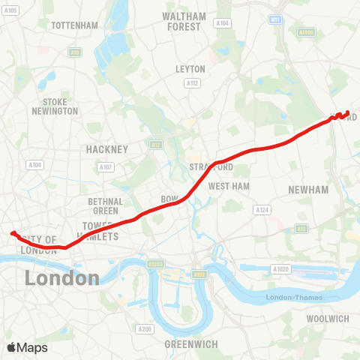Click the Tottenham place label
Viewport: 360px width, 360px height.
click(74, 25)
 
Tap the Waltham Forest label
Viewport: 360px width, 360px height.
click(184, 21)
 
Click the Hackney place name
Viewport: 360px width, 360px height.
click(108, 149)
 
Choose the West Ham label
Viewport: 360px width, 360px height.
click(228, 186)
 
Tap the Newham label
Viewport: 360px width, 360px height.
click(308, 190)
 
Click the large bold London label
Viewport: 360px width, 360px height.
click(61, 278)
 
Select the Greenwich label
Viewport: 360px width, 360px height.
click(191, 344)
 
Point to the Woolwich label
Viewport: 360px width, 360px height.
click(328, 319)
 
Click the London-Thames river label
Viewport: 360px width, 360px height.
click(295, 298)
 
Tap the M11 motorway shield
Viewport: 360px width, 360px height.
click(275, 19)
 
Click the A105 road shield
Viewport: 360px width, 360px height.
click(10, 10)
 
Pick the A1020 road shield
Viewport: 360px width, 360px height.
click(281, 268)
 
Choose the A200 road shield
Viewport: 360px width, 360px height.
click(145, 328)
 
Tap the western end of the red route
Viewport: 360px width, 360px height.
click(12, 232)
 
